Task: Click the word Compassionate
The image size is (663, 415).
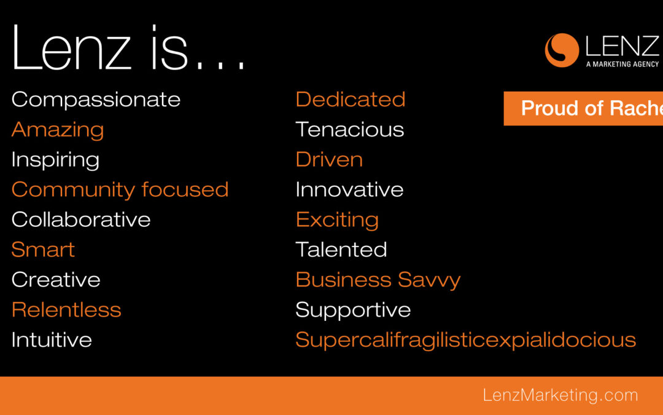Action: coord(96,100)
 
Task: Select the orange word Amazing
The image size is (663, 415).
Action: coord(58,130)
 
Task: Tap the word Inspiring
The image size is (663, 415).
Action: coord(55,160)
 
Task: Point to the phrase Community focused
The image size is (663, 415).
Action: coord(120,189)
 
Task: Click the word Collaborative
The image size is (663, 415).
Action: coord(81,219)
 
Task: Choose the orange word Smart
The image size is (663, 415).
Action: coord(43,250)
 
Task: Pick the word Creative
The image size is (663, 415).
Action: coord(56,280)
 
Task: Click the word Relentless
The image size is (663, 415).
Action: coord(66,309)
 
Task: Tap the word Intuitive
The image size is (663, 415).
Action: coord(52,339)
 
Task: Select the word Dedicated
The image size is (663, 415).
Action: coord(351,99)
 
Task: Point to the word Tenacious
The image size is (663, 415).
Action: coord(350,129)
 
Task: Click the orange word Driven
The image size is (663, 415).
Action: coord(330,159)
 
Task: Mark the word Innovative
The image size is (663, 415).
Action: coord(350,189)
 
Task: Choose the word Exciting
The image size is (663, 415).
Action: coord(338,220)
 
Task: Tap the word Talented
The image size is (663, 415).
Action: coord(341,250)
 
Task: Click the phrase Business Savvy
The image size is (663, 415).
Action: coord(378,280)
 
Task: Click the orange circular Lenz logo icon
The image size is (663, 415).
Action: coord(562,50)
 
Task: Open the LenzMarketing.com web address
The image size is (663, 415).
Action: coord(560,395)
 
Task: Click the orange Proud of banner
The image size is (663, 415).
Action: coord(584,108)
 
